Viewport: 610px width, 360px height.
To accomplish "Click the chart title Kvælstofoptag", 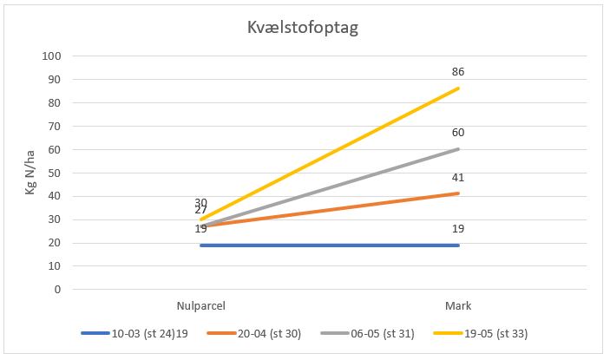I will (303, 27).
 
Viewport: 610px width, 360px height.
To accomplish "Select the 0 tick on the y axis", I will (57, 290).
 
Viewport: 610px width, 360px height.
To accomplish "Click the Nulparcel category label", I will (200, 305).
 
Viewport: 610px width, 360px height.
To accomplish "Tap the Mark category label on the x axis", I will (459, 305).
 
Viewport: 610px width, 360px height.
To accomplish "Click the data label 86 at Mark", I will (458, 72).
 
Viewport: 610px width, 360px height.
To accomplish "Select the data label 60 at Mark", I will (458, 133).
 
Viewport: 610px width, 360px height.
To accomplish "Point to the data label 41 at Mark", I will (458, 177).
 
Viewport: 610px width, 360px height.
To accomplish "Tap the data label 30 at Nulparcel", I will (200, 202).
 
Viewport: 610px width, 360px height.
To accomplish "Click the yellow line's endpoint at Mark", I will (458, 88).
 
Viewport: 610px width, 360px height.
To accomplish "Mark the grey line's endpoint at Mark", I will (458, 149).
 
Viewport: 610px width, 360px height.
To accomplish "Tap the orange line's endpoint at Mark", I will (458, 193).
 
